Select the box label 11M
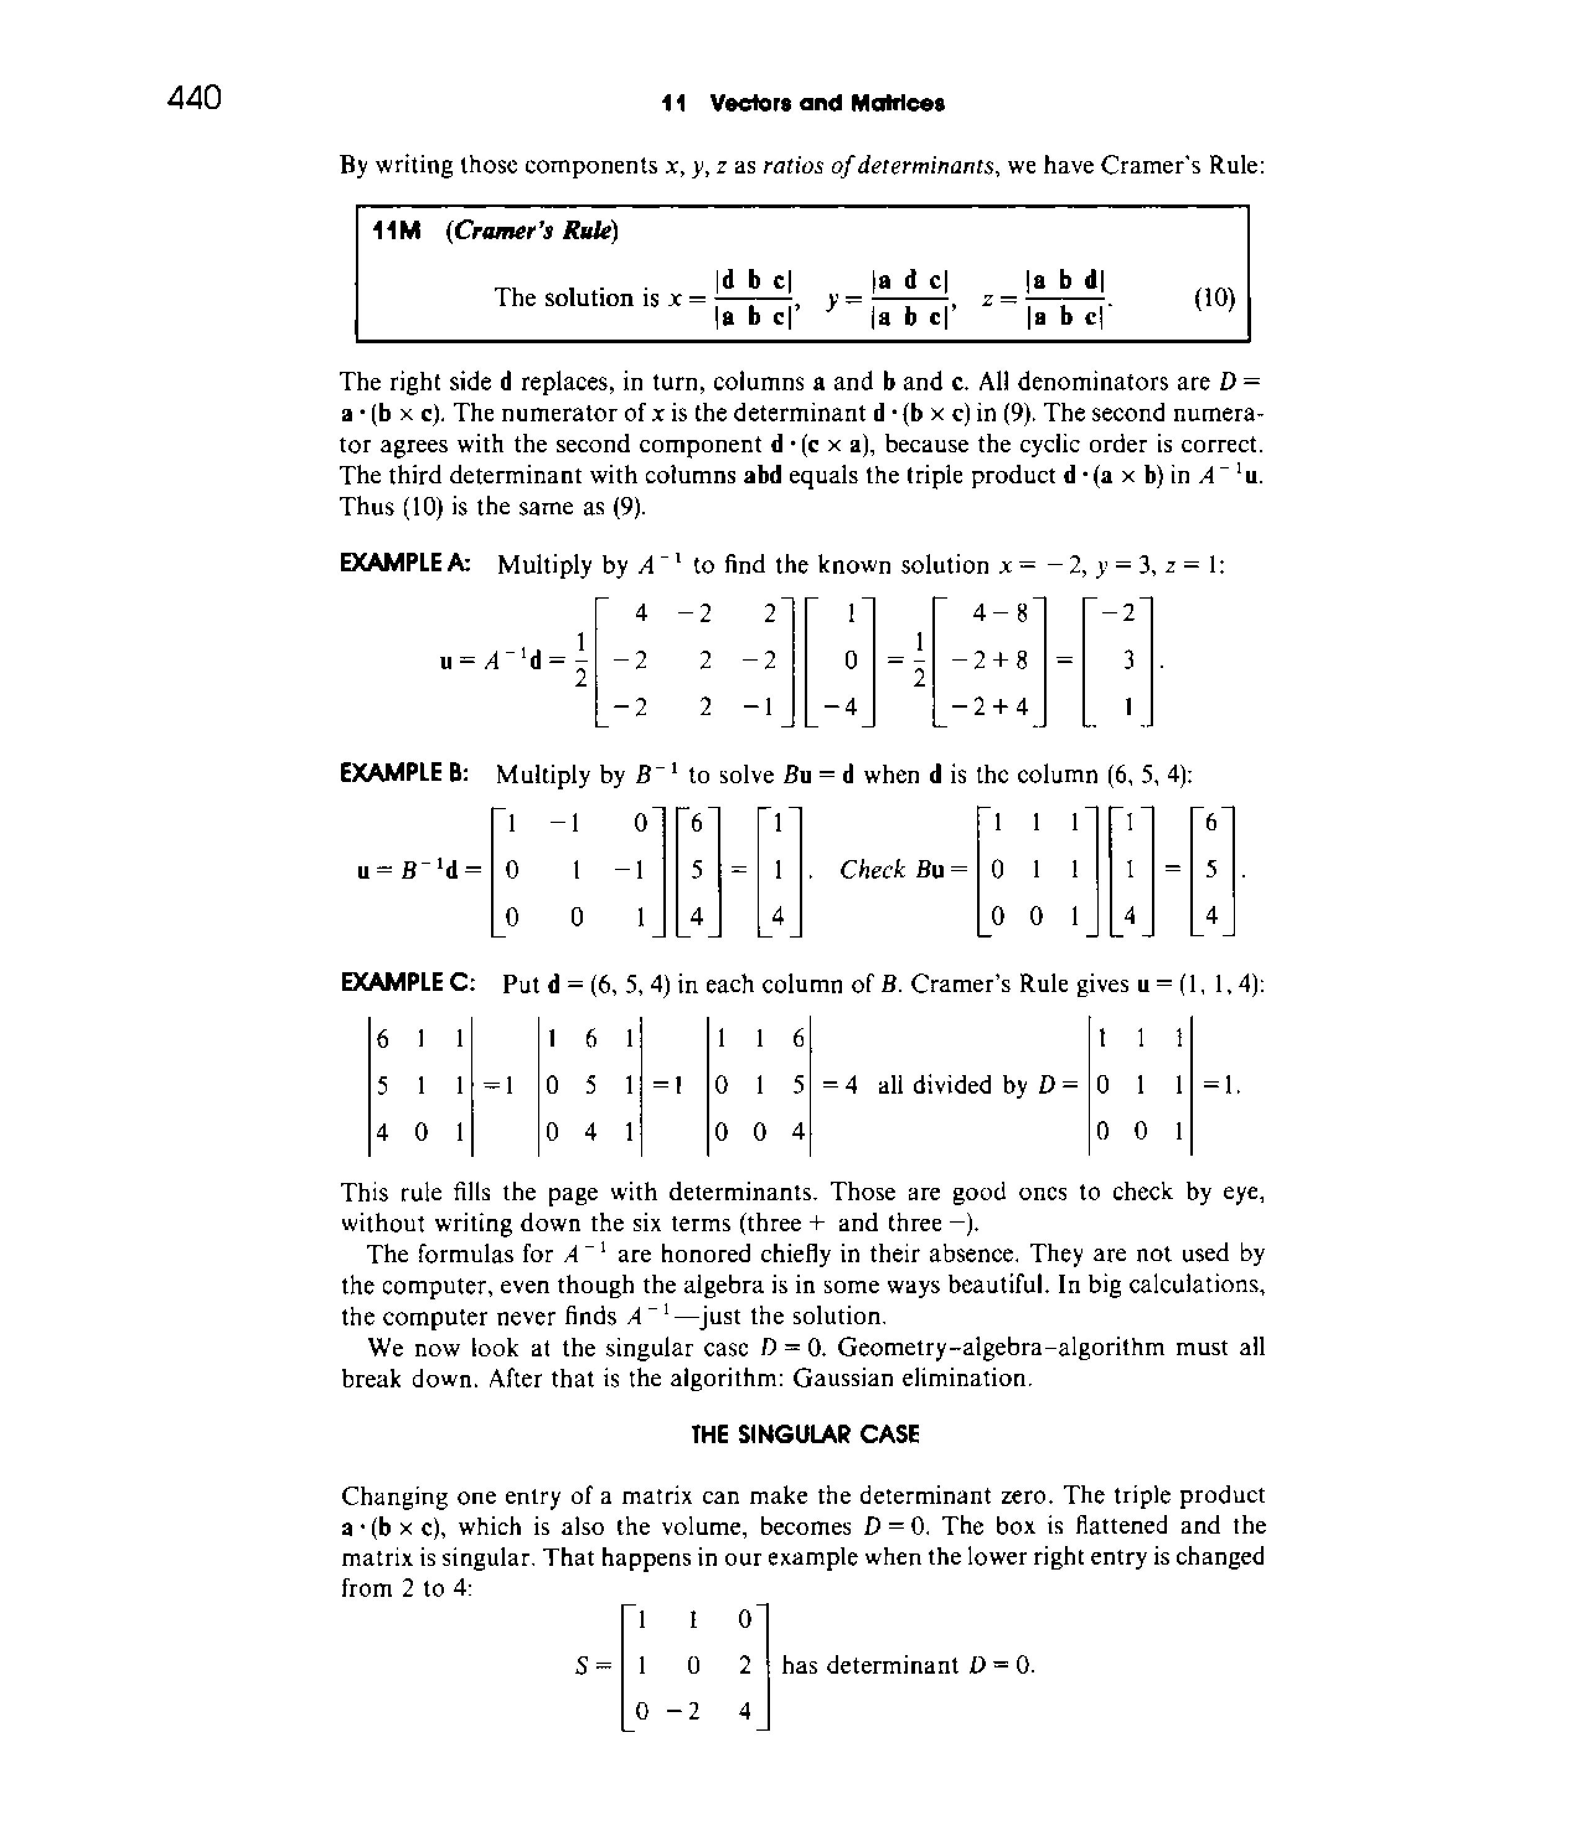coord(396,231)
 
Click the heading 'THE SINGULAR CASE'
coord(805,1434)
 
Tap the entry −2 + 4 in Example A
coord(989,706)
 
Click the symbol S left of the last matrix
coord(582,1665)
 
